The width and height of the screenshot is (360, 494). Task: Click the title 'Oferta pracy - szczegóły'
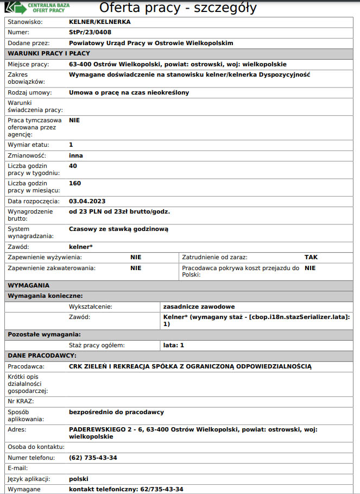(178, 8)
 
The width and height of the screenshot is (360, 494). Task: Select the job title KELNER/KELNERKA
(100, 22)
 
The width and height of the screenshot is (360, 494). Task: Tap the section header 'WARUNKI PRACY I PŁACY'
(49, 53)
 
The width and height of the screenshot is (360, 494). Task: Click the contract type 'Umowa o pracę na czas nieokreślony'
(129, 92)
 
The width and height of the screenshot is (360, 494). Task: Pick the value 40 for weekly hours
(73, 166)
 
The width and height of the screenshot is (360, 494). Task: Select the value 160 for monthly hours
(75, 183)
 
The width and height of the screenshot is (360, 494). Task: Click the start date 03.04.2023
(87, 201)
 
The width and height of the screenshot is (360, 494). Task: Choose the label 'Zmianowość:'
(26, 155)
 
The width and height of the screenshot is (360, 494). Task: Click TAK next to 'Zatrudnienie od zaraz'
(311, 257)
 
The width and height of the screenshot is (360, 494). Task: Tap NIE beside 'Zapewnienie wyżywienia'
(136, 257)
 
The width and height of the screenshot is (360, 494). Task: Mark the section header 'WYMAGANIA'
(28, 285)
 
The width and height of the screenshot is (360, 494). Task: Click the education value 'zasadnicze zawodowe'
(199, 307)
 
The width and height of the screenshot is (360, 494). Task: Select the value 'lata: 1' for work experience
(174, 345)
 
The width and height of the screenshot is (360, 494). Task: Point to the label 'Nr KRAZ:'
(21, 401)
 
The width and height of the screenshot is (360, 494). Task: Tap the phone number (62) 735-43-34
(93, 458)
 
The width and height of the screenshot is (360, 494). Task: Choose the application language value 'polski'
(79, 479)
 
